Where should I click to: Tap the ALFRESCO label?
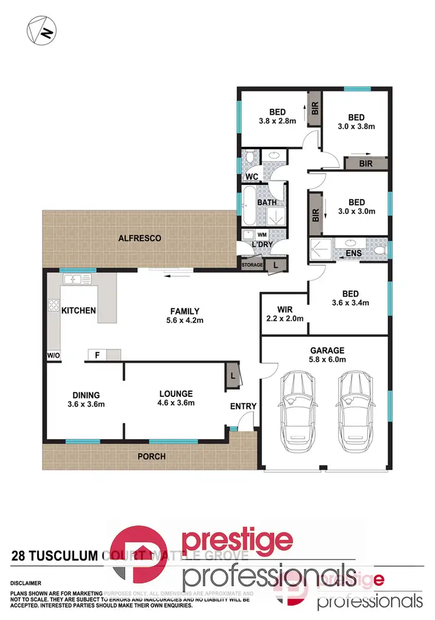click(x=139, y=238)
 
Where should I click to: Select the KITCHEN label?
click(x=78, y=311)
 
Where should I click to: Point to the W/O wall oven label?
click(x=54, y=355)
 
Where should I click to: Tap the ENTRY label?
click(x=243, y=406)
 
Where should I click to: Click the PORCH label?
click(x=151, y=457)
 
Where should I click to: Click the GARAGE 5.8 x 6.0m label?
click(x=327, y=355)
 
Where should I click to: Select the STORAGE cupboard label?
click(x=252, y=265)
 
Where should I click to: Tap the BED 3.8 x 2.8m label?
click(x=277, y=116)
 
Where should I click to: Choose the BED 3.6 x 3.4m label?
click(x=350, y=298)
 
